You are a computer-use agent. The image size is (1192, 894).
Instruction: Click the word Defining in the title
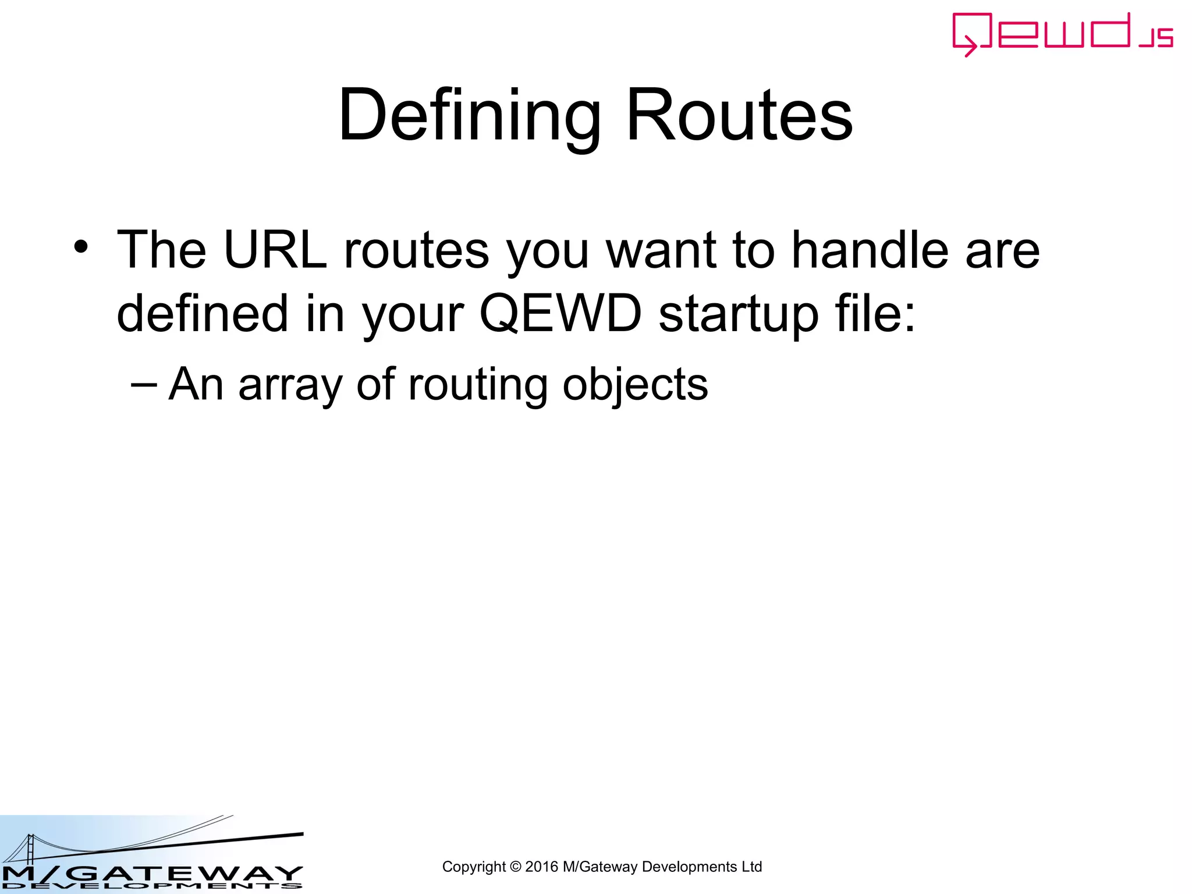[469, 115]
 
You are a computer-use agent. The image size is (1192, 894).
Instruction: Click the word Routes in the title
[739, 115]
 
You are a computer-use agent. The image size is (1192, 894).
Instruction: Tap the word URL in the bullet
[275, 250]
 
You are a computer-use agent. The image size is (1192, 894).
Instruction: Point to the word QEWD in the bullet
[560, 314]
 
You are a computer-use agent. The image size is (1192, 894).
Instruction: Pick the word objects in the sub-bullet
[635, 385]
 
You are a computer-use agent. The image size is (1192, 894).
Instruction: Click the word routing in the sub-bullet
[477, 385]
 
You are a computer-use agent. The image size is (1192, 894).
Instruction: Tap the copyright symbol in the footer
[515, 867]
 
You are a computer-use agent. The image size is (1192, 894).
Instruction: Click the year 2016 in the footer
[541, 867]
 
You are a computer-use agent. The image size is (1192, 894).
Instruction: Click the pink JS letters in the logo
[1156, 38]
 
